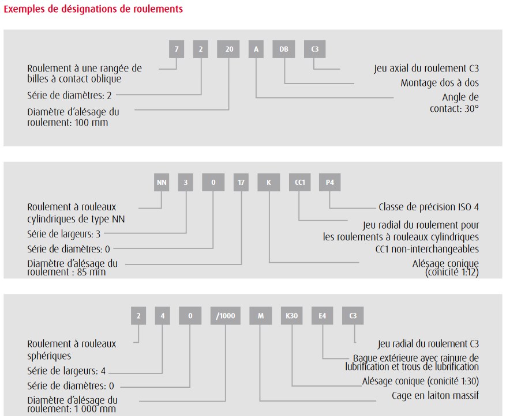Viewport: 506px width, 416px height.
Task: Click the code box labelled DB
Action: pyautogui.click(x=284, y=49)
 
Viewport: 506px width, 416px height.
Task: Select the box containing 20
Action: pyautogui.click(x=228, y=49)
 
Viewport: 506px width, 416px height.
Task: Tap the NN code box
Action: pyautogui.click(x=162, y=183)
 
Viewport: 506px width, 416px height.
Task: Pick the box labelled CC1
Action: pyautogui.click(x=300, y=183)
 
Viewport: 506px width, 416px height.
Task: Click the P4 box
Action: pyautogui.click(x=329, y=183)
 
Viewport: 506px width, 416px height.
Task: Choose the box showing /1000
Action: pyautogui.click(x=225, y=316)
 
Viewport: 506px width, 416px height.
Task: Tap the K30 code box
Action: pyautogui.click(x=291, y=316)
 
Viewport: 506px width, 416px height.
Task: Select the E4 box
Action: pyautogui.click(x=322, y=316)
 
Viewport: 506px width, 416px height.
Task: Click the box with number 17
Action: pyautogui.click(x=241, y=183)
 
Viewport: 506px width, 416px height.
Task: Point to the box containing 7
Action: pyautogui.click(x=177, y=49)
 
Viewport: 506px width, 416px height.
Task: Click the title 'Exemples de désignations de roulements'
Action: pyautogui.click(x=93, y=9)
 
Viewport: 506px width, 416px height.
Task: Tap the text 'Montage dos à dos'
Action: pyautogui.click(x=440, y=83)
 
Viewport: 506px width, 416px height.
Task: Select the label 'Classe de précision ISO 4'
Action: pyautogui.click(x=429, y=207)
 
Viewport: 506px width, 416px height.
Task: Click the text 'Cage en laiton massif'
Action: pyautogui.click(x=435, y=395)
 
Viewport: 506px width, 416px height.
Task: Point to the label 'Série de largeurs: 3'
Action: pyautogui.click(x=64, y=234)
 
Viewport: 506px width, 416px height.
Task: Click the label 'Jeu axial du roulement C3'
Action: pyautogui.click(x=426, y=69)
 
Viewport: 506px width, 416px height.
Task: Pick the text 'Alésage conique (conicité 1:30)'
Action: pyautogui.click(x=420, y=381)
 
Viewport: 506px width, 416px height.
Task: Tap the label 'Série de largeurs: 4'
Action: pyautogui.click(x=66, y=371)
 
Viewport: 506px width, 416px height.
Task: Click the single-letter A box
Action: pyautogui.click(x=256, y=49)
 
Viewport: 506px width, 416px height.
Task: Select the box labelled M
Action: pyautogui.click(x=261, y=316)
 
